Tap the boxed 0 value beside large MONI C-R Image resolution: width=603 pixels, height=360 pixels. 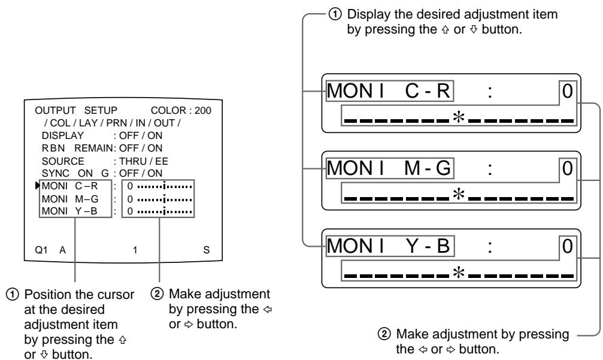[567, 92]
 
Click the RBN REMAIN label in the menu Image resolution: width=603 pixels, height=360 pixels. [74, 152]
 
